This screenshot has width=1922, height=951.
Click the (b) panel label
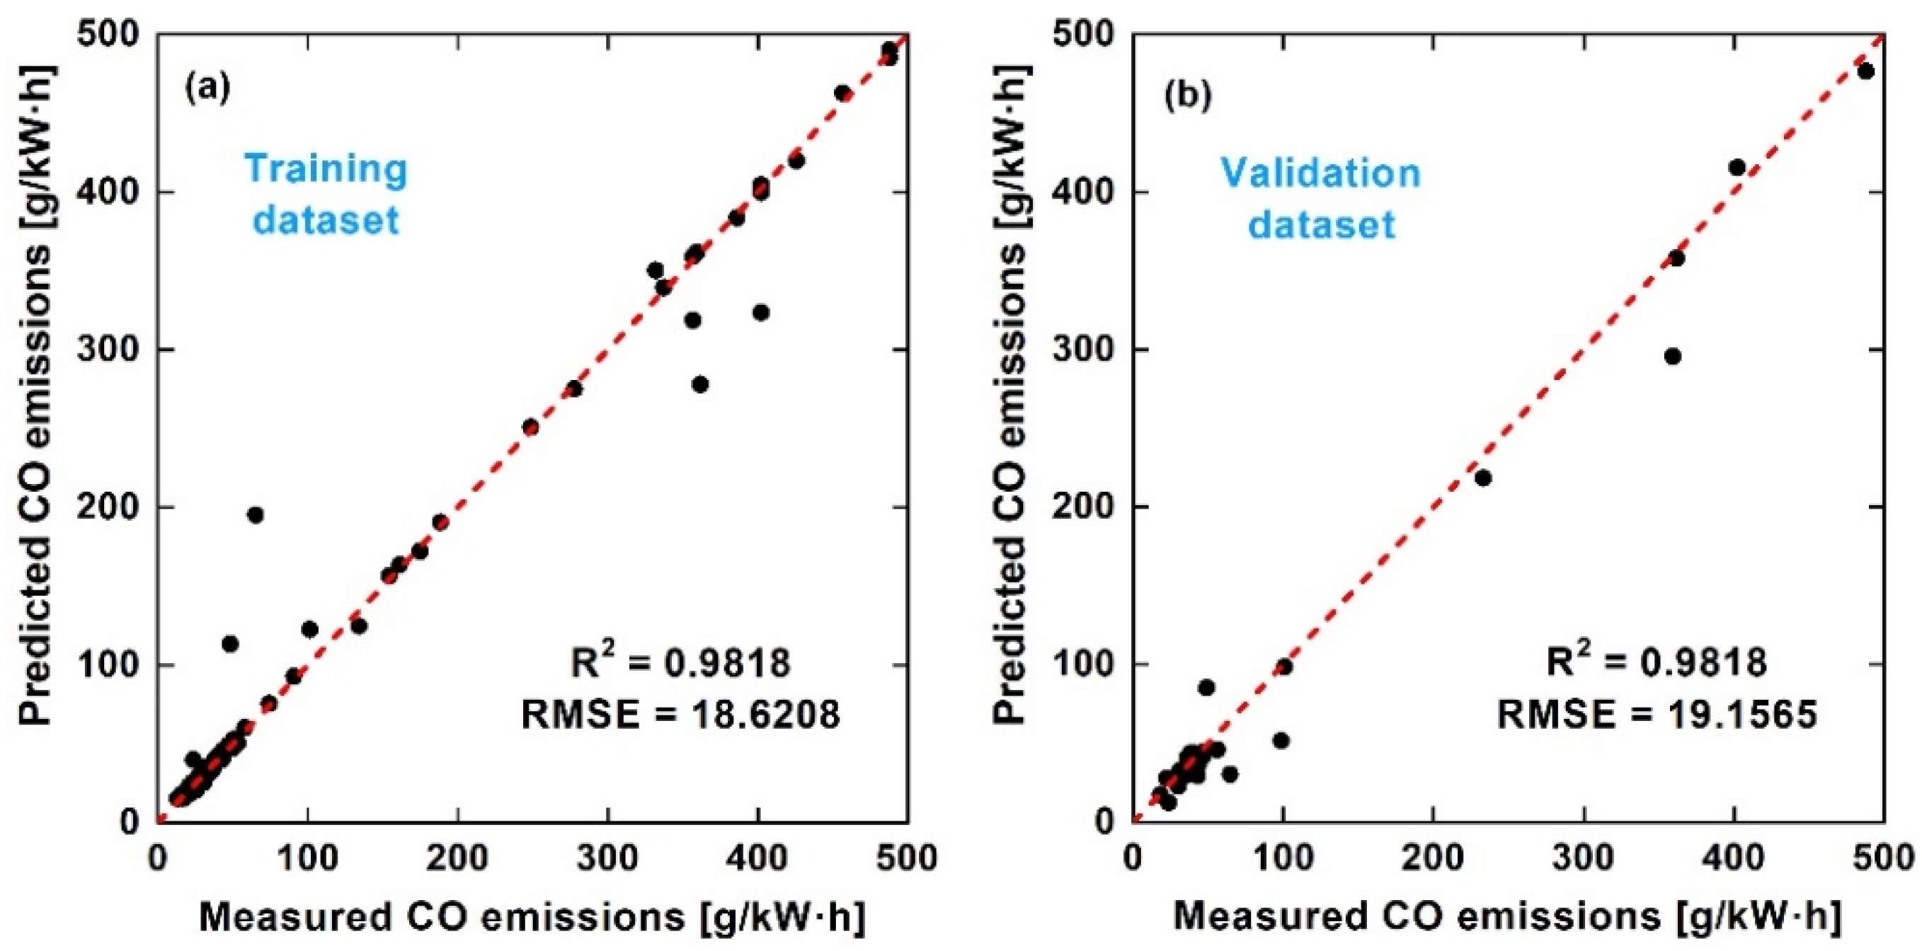click(x=1187, y=96)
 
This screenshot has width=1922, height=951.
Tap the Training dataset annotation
click(x=326, y=194)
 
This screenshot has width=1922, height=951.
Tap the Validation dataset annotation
click(x=1321, y=198)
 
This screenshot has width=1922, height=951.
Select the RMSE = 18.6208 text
click(x=680, y=715)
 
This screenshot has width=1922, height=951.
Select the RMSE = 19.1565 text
click(x=1657, y=715)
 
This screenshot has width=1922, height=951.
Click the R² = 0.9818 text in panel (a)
click(x=680, y=662)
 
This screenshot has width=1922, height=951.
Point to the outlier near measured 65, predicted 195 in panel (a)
click(x=255, y=514)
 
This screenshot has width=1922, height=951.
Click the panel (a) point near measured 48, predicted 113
click(x=230, y=644)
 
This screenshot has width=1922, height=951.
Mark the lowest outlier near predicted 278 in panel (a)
click(x=700, y=384)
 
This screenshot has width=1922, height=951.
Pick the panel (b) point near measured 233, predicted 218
click(x=1483, y=478)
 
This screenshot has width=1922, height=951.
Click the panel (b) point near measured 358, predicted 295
click(x=1673, y=357)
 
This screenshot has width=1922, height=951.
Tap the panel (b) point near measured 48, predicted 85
click(x=1206, y=687)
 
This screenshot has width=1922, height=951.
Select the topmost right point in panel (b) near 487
click(x=1865, y=71)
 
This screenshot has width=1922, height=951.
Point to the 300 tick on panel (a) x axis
click(x=607, y=858)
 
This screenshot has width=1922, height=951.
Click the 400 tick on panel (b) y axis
click(x=1090, y=192)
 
